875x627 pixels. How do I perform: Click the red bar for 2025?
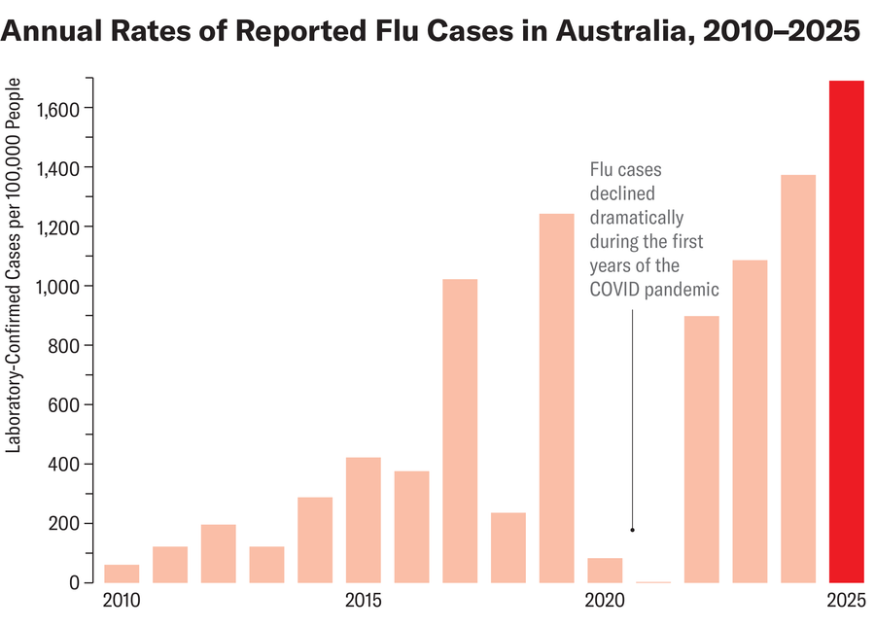[846, 331]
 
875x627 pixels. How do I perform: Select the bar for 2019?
[556, 398]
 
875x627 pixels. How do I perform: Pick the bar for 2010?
[122, 573]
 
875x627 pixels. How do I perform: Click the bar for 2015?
[363, 519]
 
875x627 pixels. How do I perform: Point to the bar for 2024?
[797, 378]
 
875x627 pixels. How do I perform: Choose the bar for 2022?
[701, 448]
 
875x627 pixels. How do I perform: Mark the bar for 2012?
[218, 553]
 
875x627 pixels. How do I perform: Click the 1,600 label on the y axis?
[57, 108]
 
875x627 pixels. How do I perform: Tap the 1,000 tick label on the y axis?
[57, 286]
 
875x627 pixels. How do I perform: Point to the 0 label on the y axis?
[73, 582]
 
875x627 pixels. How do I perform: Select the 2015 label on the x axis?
[363, 601]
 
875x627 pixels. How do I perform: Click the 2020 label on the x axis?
[605, 601]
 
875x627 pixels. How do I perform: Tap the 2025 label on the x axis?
[846, 601]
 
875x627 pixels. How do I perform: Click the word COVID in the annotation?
[613, 290]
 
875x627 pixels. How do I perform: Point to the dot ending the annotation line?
[632, 530]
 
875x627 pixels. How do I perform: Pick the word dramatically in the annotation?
[637, 218]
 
